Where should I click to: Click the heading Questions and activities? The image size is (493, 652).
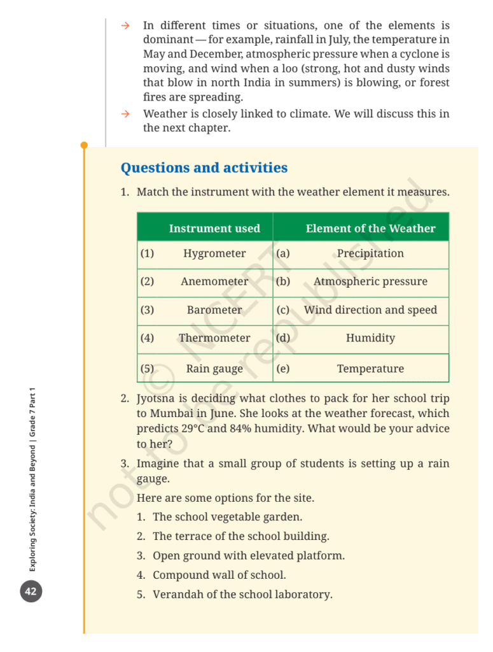(x=204, y=168)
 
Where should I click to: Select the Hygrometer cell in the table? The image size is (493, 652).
(x=214, y=253)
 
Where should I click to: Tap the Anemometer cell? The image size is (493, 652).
(x=214, y=281)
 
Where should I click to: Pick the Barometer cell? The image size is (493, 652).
(x=214, y=310)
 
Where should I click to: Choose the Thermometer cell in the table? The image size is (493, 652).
(x=214, y=338)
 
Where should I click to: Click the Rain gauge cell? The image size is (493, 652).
(x=214, y=369)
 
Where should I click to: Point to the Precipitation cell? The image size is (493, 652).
(x=370, y=253)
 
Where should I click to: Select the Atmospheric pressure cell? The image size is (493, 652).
(x=370, y=281)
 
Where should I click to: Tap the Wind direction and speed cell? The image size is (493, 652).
(x=370, y=310)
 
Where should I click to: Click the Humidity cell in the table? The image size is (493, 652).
(x=370, y=338)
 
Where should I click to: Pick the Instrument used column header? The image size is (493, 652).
(x=214, y=229)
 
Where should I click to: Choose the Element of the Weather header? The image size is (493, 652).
(x=370, y=229)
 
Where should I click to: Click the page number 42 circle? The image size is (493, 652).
(x=31, y=592)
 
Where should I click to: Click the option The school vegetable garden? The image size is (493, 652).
(x=227, y=517)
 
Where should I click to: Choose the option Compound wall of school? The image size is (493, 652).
(x=219, y=575)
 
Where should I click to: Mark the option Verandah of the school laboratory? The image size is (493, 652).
(x=242, y=595)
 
